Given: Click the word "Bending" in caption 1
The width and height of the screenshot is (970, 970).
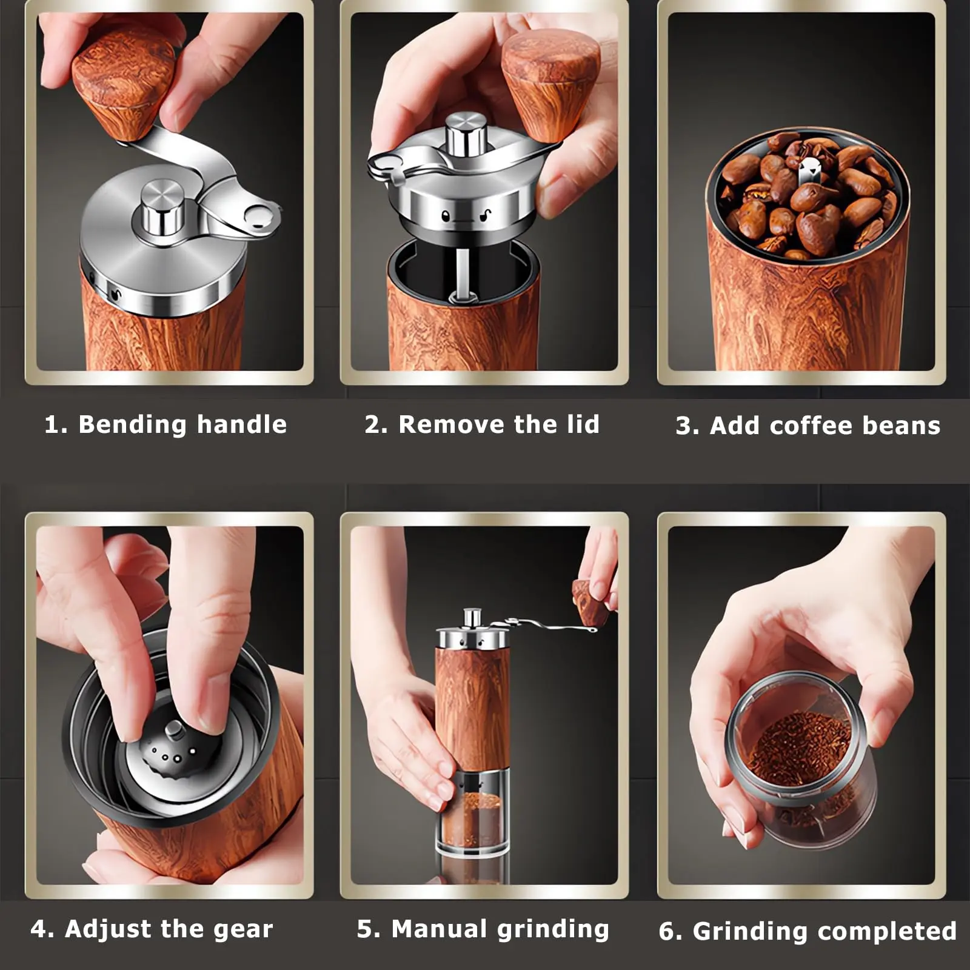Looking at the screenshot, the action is tap(132, 425).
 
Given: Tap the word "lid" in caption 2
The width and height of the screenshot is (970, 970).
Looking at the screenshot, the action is tap(583, 424).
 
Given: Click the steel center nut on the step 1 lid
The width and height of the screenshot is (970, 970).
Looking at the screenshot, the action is tap(162, 208).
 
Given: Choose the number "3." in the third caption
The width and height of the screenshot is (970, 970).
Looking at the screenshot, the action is tap(687, 426).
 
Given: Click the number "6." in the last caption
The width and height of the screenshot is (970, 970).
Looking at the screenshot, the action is tap(671, 931).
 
